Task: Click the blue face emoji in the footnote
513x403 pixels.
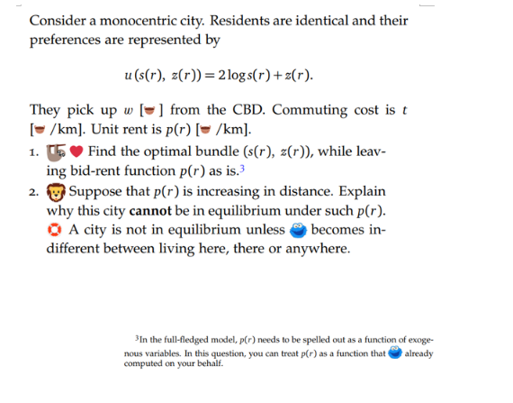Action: point(394,353)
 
